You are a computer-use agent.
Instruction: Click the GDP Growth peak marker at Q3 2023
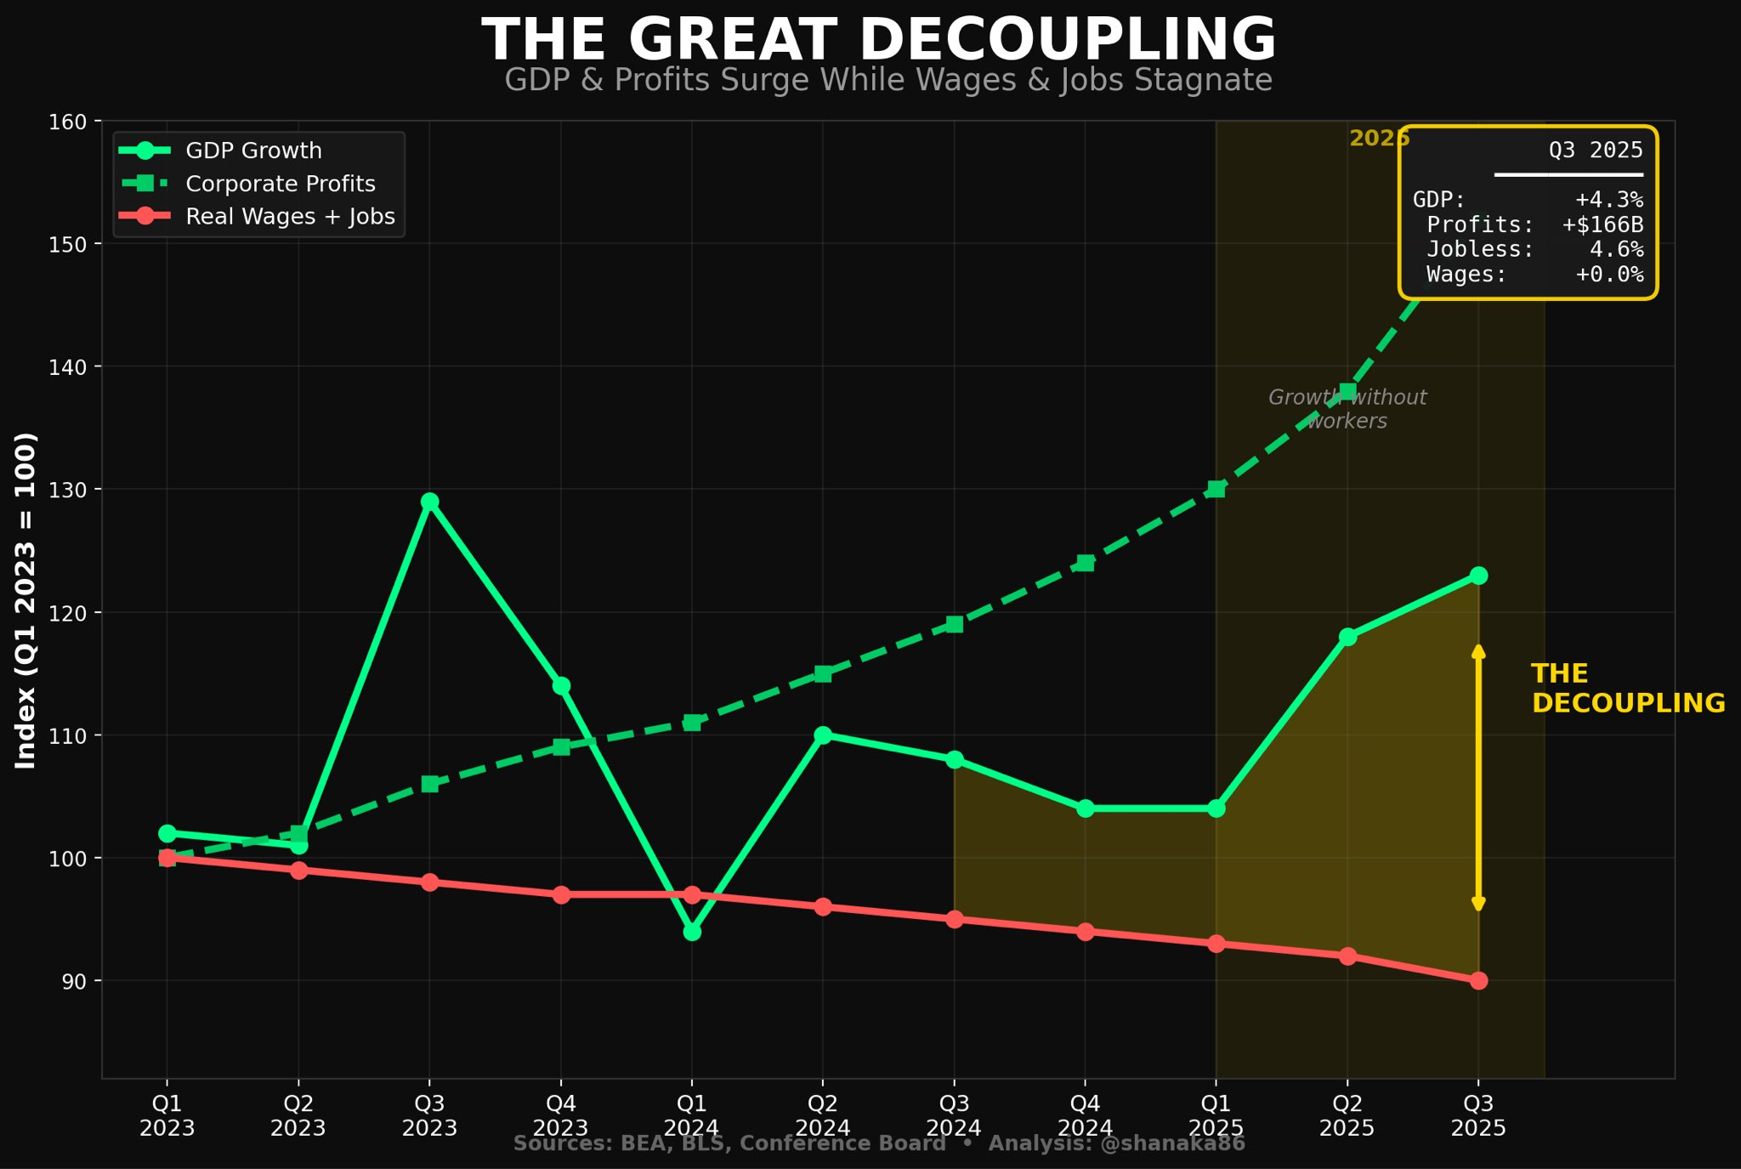(x=429, y=502)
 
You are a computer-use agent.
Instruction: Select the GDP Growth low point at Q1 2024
(x=692, y=932)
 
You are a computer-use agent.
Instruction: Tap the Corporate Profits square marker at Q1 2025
(x=1216, y=489)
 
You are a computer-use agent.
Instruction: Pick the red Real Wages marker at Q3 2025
(x=1478, y=980)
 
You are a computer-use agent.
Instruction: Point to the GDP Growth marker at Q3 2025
(x=1478, y=576)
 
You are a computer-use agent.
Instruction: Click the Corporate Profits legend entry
(x=280, y=184)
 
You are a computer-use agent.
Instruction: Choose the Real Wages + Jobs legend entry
(x=290, y=217)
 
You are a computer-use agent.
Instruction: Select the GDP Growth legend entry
(x=253, y=150)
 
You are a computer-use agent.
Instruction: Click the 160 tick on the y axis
(x=68, y=122)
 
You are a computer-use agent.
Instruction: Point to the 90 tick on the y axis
(x=73, y=981)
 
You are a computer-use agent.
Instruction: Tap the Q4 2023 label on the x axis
(x=560, y=1115)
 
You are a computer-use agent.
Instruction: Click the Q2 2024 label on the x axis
(x=822, y=1115)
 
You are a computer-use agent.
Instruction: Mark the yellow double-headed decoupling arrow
(x=1478, y=778)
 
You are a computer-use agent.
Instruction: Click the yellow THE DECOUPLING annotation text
(x=1627, y=689)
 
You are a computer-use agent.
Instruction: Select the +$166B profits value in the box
(x=1602, y=224)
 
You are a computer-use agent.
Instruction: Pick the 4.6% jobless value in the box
(x=1616, y=249)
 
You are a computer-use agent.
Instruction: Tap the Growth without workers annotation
(x=1347, y=409)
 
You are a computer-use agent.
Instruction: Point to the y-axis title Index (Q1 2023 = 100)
(x=26, y=600)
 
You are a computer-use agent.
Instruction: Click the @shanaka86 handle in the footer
(x=1172, y=1143)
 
